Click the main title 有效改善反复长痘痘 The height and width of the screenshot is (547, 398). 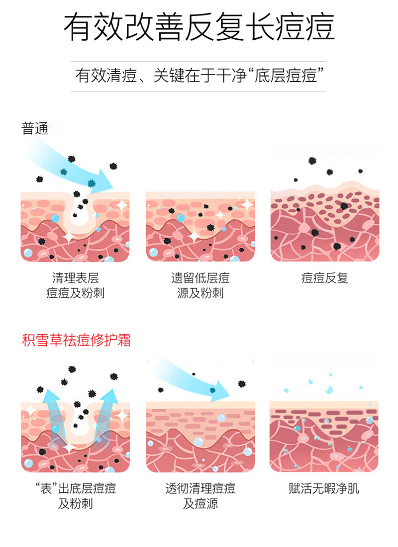coord(199,28)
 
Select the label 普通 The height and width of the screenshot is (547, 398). coord(35,129)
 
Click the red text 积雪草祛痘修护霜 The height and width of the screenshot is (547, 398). coord(77,341)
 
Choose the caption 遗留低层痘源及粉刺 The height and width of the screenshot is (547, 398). coord(200,285)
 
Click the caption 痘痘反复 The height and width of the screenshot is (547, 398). coord(325,278)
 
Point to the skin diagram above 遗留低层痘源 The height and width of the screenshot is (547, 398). coord(200,226)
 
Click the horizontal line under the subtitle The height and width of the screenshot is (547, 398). coord(199,91)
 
